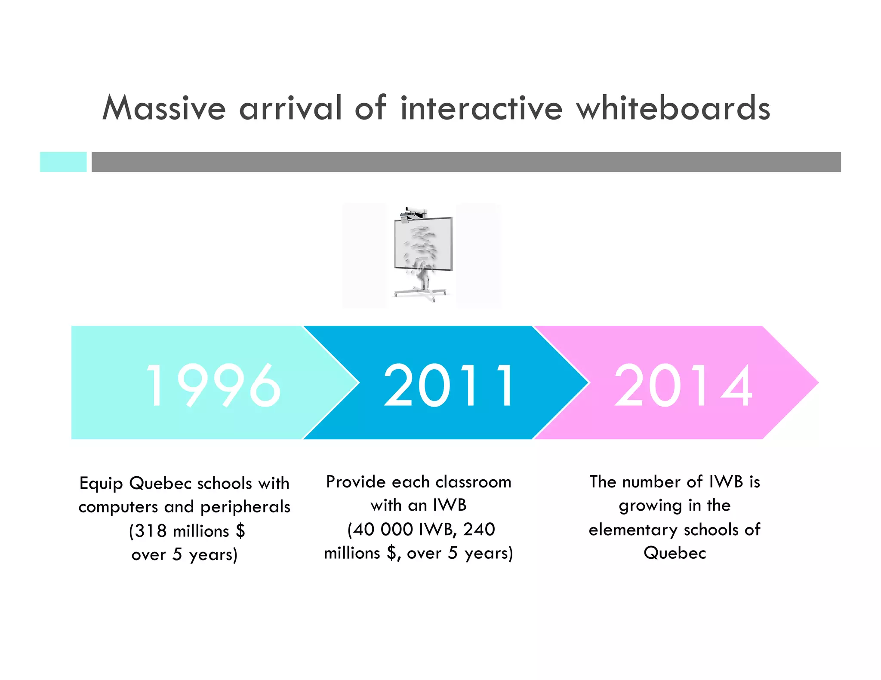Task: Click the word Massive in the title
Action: [x=164, y=108]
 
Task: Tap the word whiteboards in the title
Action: [x=673, y=108]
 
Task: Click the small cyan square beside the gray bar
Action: [x=63, y=162]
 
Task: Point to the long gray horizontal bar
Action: [x=466, y=162]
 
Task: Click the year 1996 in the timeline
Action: [x=213, y=385]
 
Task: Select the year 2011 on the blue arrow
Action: [x=449, y=385]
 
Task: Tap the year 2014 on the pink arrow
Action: [x=683, y=385]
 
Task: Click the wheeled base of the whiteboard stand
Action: [x=420, y=294]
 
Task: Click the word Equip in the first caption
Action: [x=101, y=484]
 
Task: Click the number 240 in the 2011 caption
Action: [x=479, y=529]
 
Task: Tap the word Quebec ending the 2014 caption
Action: [x=675, y=553]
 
